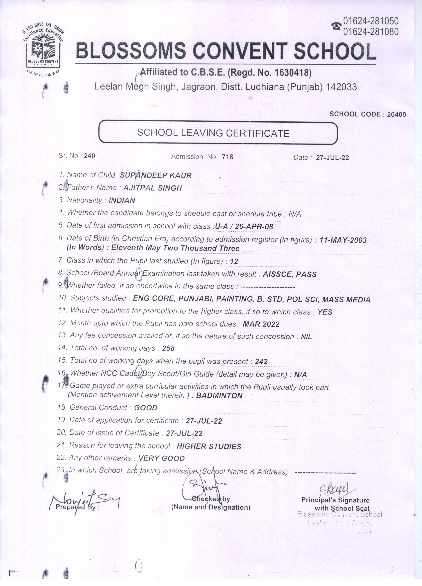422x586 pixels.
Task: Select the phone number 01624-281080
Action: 371,32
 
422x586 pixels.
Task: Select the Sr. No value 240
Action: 90,156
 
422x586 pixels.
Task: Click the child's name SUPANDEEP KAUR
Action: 155,175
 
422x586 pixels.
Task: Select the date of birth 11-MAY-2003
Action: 343,240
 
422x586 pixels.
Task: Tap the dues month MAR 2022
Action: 261,324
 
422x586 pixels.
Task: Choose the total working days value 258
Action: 168,348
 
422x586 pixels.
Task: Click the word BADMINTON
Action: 219,396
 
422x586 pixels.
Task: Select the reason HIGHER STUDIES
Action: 209,446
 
